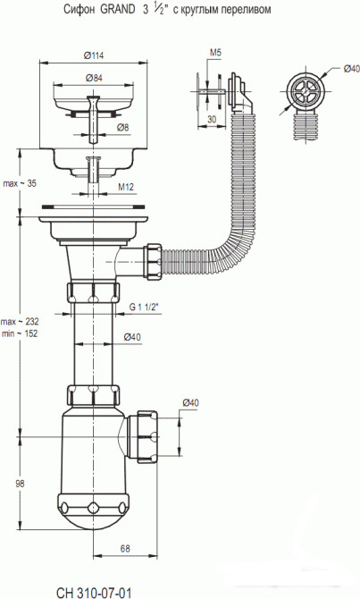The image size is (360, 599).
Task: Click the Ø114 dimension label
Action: [93, 55]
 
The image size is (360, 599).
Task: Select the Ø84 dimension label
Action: [94, 78]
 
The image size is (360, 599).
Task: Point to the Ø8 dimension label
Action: [123, 127]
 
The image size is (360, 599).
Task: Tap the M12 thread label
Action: [126, 187]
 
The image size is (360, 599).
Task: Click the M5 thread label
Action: [215, 53]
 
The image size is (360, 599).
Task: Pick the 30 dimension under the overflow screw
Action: [212, 119]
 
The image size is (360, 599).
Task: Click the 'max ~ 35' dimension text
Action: [20, 183]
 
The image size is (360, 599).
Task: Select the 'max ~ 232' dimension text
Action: [20, 321]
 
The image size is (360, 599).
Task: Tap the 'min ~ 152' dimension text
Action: [20, 333]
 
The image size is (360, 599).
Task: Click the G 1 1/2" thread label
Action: [144, 307]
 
